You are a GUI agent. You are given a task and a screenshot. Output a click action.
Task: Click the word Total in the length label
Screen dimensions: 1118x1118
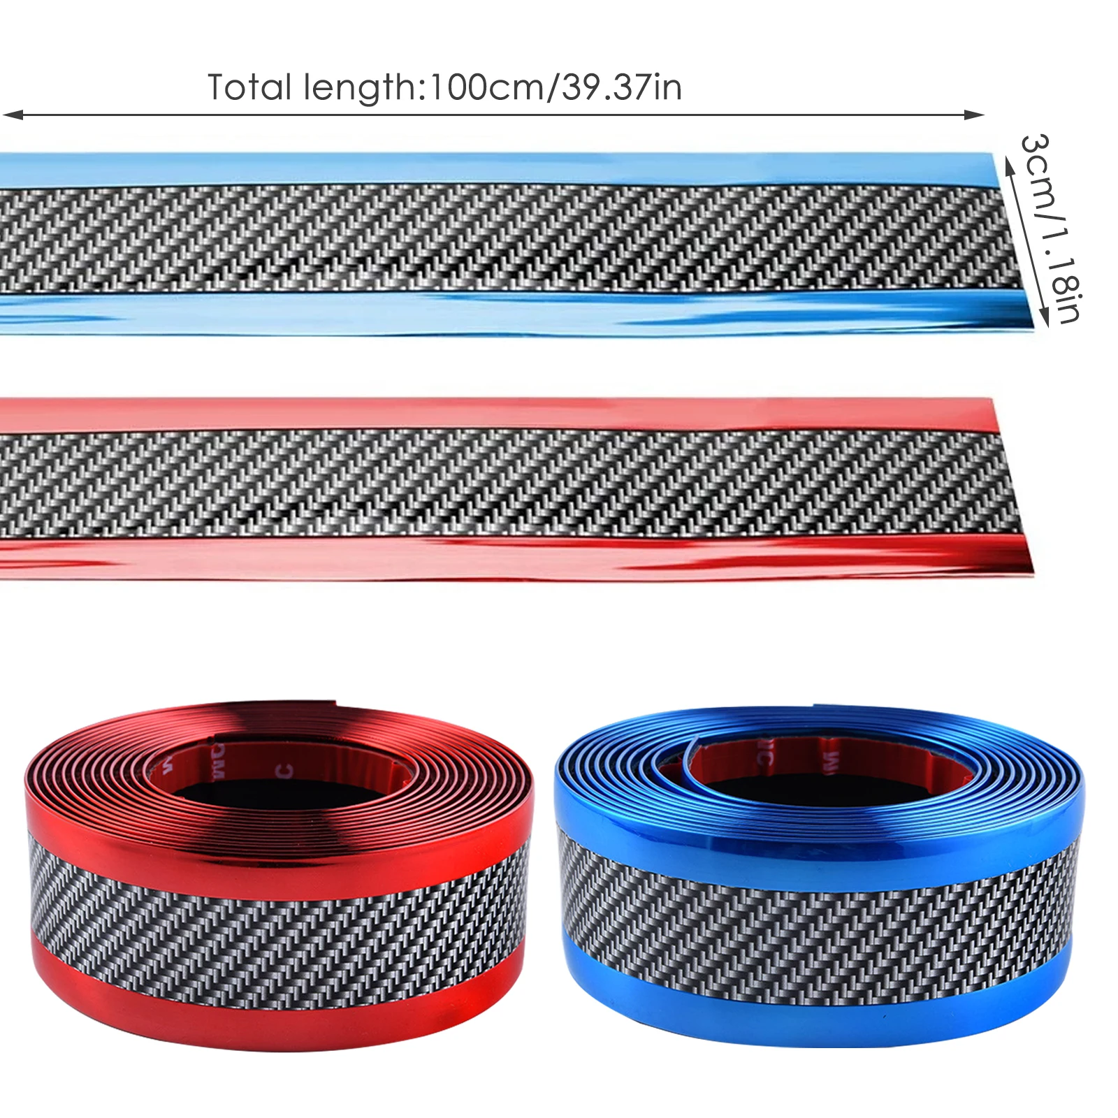coord(249,88)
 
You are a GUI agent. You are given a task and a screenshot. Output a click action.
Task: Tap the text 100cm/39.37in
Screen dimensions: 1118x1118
coord(556,88)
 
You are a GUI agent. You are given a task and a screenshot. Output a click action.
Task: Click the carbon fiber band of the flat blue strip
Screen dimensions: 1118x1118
coord(489,238)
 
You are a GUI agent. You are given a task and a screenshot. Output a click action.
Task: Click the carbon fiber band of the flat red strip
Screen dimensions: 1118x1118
coord(489,482)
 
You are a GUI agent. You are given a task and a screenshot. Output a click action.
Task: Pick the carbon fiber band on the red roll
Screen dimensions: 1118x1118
coord(279,922)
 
